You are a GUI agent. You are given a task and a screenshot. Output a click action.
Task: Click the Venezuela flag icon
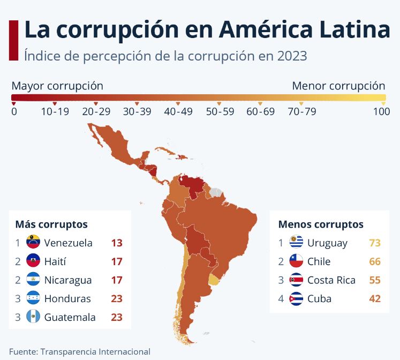(33, 243)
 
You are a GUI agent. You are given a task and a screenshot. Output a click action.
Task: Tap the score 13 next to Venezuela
(117, 243)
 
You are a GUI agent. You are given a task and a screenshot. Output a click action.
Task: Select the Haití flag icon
(33, 261)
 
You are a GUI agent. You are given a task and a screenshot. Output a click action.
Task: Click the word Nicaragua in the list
(68, 280)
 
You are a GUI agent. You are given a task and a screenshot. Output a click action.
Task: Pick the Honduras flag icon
(33, 298)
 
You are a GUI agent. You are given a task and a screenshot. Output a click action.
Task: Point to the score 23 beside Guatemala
(117, 317)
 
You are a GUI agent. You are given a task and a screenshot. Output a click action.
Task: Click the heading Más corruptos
(51, 224)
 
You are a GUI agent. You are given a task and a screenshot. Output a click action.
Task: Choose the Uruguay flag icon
(297, 243)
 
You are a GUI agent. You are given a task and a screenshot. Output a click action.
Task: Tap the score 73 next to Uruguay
(375, 243)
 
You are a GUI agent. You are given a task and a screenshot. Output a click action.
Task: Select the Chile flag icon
(297, 261)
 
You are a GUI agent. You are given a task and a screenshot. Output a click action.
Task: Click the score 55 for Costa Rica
(375, 280)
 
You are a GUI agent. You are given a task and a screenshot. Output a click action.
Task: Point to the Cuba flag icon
(297, 298)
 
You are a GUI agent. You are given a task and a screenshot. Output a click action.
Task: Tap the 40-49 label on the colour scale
(178, 111)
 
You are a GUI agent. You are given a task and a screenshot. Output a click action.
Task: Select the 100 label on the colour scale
(381, 111)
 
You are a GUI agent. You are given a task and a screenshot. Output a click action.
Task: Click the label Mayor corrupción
(57, 86)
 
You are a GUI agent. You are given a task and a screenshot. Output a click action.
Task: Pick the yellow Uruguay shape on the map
(214, 279)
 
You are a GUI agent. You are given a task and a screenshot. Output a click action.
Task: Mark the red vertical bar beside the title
(14, 40)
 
